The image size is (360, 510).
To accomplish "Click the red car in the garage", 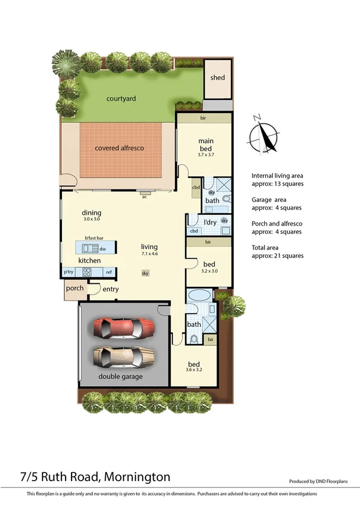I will [x=125, y=329].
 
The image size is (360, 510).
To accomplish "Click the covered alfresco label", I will [x=120, y=147].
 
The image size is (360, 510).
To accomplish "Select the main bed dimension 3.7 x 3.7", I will [x=206, y=155].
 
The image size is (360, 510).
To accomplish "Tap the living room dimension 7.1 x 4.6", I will [x=149, y=254].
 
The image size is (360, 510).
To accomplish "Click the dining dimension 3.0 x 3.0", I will [x=92, y=220].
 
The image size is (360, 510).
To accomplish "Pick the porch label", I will [x=75, y=288].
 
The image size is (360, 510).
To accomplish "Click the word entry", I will [x=111, y=290].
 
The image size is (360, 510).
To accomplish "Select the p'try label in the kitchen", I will [x=69, y=272].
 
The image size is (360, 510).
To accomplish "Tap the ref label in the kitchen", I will [x=109, y=272].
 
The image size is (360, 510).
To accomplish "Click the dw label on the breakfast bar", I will [x=103, y=248].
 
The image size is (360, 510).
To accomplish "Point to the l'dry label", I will [x=210, y=223].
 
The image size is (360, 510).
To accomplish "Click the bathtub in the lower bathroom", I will [x=197, y=297].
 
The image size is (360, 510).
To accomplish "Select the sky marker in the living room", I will [x=145, y=273].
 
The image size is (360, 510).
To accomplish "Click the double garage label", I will [x=120, y=376].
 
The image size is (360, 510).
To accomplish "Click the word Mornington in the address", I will [x=137, y=477].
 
